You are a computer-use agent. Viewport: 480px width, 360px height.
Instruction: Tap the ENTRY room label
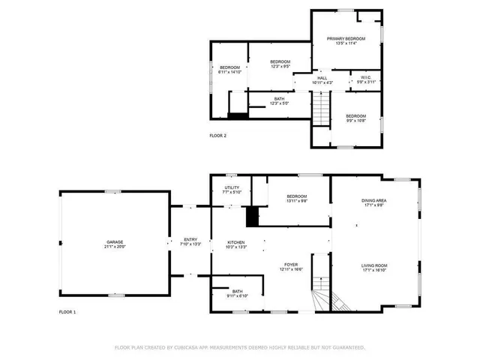(x=190, y=239)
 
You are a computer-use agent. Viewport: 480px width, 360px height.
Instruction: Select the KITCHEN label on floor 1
(x=236, y=241)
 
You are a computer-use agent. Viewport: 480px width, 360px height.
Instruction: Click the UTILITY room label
(x=232, y=187)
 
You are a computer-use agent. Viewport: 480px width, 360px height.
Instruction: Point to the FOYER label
(x=292, y=265)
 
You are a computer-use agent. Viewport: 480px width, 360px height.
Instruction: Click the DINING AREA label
(x=373, y=200)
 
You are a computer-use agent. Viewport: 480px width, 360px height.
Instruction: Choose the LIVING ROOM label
(x=373, y=265)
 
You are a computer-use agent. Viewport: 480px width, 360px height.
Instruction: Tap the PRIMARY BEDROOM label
(x=346, y=38)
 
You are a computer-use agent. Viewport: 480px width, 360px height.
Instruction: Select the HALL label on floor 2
(x=322, y=77)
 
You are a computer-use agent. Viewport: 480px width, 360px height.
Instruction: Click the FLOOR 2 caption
(x=217, y=136)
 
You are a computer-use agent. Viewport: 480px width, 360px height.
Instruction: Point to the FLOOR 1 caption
(x=67, y=311)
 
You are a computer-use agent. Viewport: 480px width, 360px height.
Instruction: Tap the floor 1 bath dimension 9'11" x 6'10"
(x=237, y=296)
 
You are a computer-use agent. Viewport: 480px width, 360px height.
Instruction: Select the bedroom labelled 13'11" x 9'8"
(x=296, y=196)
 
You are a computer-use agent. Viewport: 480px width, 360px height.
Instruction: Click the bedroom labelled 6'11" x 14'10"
(x=229, y=68)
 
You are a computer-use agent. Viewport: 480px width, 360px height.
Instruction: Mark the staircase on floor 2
(x=321, y=108)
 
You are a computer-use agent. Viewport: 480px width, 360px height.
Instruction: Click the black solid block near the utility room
(x=252, y=216)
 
